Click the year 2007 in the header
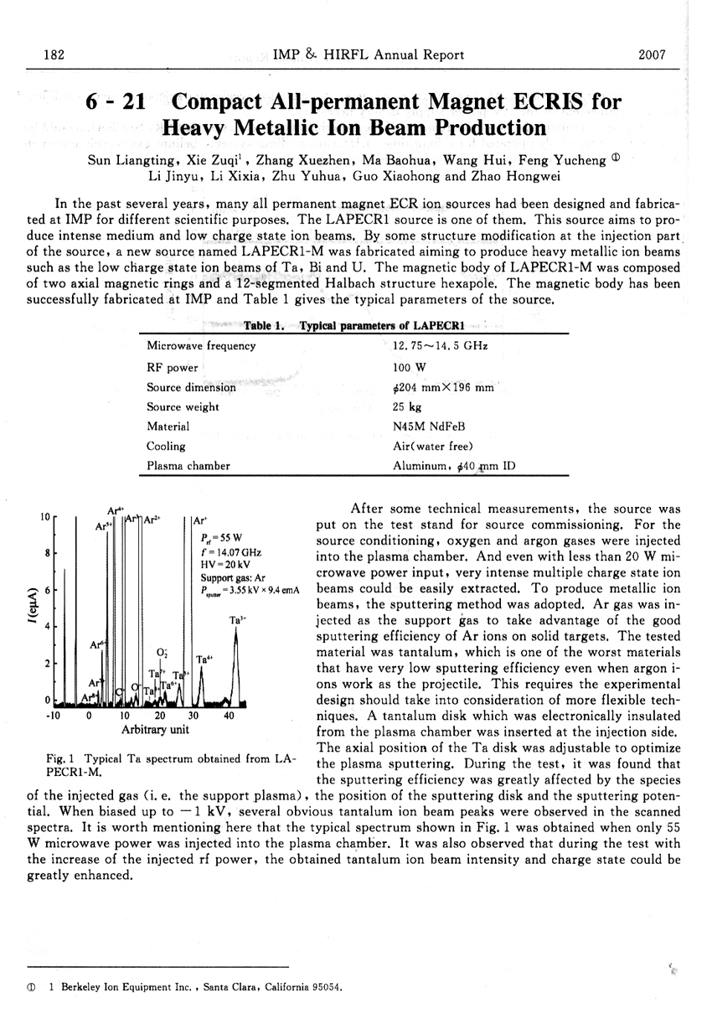[651, 55]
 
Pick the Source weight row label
[183, 406]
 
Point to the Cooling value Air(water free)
[432, 446]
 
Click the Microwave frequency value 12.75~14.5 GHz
[440, 345]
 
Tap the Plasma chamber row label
[188, 466]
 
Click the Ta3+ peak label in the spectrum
[237, 620]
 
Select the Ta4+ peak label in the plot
[204, 660]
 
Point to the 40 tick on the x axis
[229, 716]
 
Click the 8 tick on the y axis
[48, 553]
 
